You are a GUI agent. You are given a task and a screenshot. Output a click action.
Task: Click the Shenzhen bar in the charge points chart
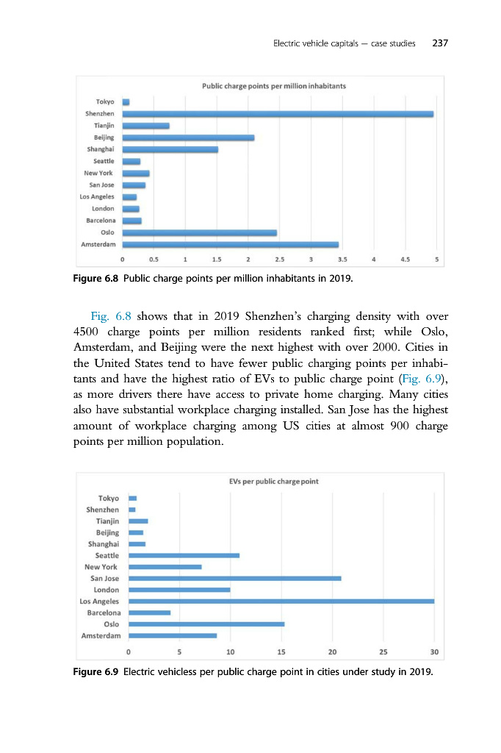coord(278,114)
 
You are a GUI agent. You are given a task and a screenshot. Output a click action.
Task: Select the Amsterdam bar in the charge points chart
coord(230,244)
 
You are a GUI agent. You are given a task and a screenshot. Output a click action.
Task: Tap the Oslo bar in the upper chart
coord(199,232)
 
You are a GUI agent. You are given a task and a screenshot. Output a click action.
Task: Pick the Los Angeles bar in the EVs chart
coord(281,601)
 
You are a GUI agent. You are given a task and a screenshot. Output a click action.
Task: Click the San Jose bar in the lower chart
coord(234,579)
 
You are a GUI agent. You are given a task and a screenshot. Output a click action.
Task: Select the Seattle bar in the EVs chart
coord(184,555)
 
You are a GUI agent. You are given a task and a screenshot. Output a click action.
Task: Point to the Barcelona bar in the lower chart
coord(149,612)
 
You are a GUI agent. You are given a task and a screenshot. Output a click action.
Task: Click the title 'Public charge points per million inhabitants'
coord(274,86)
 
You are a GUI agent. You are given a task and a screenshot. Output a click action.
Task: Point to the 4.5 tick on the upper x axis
coord(405,260)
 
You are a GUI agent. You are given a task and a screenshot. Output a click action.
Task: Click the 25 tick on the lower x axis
coord(383,652)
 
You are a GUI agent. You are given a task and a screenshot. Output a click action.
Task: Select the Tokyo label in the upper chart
coord(104,101)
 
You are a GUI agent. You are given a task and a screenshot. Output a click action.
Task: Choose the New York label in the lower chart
coord(101,567)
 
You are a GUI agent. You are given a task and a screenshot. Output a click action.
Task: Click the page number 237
coord(440,43)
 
